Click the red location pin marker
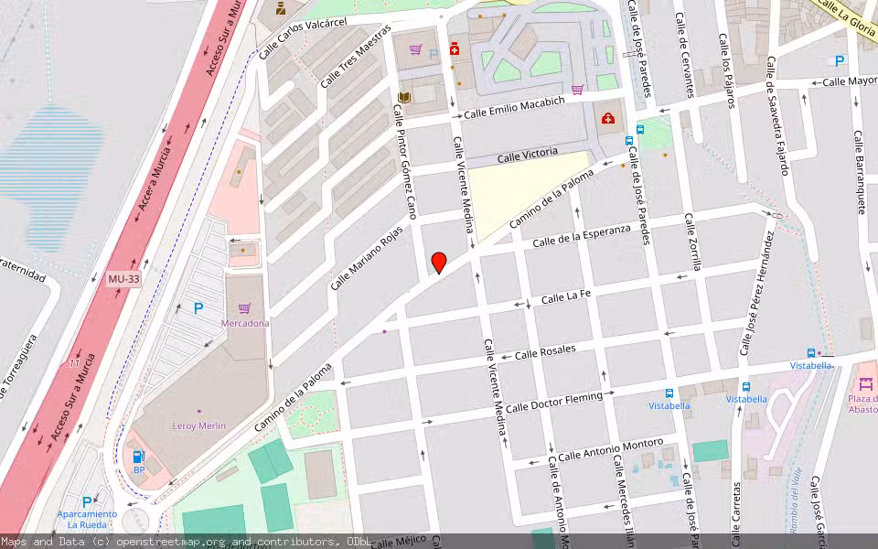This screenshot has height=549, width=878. (439, 263)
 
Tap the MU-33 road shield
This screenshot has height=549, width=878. (123, 279)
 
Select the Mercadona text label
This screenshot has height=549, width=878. (244, 323)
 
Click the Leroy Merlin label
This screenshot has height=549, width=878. (198, 425)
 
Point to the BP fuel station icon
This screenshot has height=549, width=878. (139, 456)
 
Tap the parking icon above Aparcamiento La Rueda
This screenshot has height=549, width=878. (87, 501)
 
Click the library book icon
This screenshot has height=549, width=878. (404, 97)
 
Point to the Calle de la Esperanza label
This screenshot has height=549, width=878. (582, 235)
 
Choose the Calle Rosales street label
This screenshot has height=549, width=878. (545, 351)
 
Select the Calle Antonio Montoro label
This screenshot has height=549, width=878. (610, 449)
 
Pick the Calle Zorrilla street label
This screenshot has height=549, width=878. (691, 244)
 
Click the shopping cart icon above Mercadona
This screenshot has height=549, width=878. (244, 308)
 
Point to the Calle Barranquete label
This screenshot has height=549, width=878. (860, 172)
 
